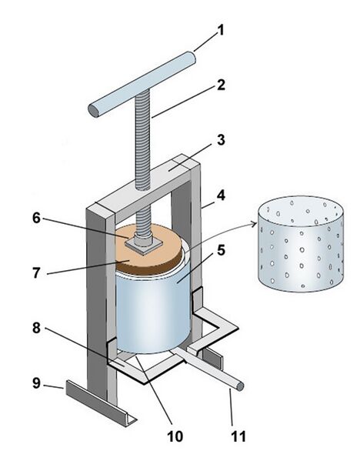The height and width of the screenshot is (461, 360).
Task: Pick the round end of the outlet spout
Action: point(241,386)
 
